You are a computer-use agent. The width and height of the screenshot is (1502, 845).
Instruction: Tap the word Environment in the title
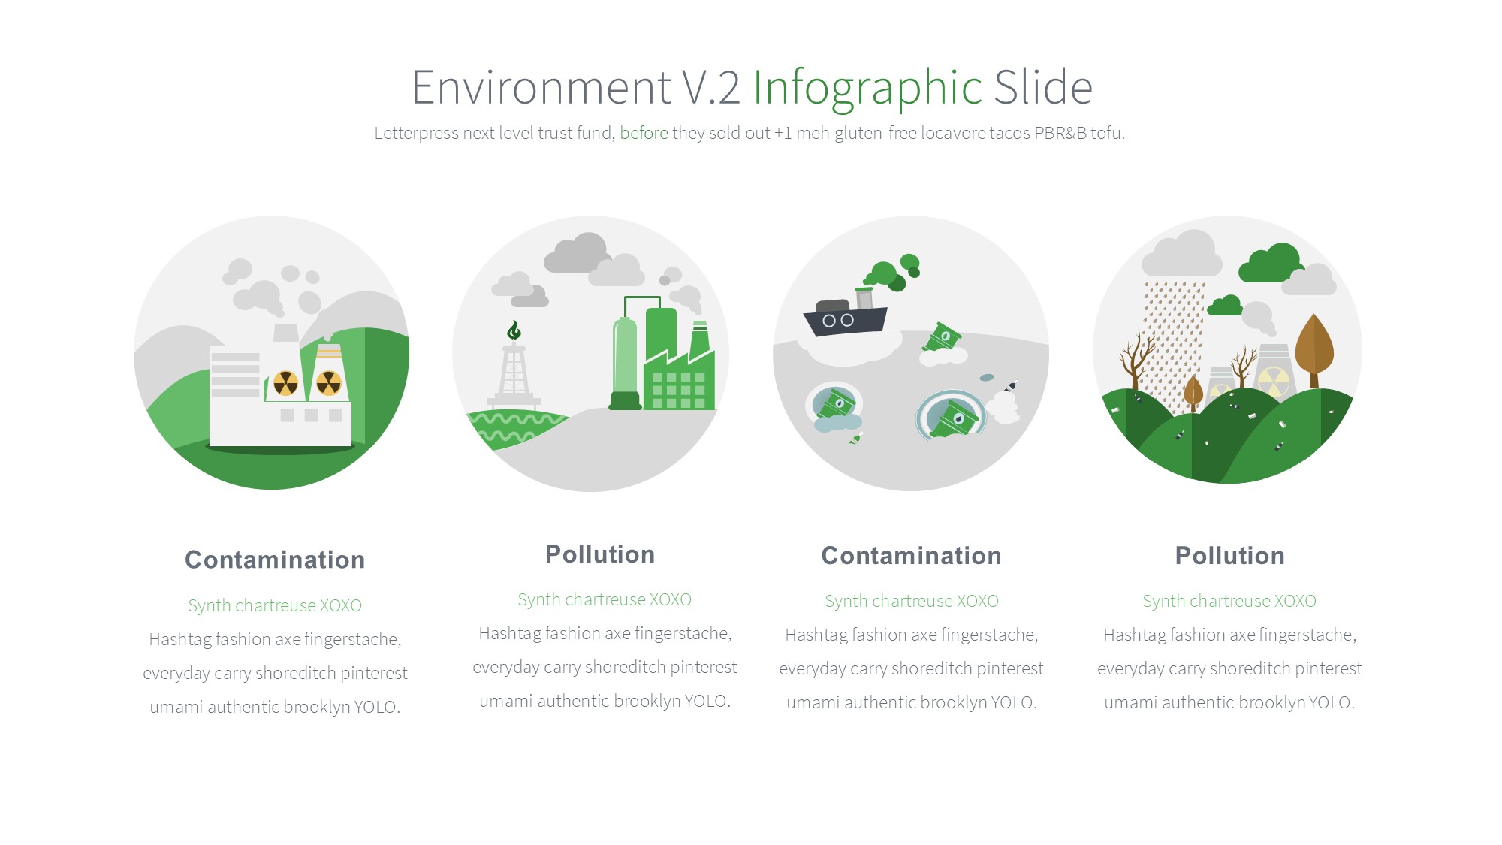coord(541,87)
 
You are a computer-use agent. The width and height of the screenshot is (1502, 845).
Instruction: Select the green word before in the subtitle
coord(644,133)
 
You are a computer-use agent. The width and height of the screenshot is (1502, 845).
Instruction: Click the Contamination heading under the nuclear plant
coord(275,560)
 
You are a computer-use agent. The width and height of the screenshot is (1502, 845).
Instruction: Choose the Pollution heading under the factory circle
coord(600,554)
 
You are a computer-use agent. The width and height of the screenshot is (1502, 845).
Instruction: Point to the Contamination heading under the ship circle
coord(911,556)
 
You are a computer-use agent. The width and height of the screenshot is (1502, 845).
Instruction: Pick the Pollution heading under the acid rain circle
coord(1229,556)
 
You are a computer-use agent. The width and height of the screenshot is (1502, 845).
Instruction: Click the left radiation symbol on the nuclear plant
coord(285,383)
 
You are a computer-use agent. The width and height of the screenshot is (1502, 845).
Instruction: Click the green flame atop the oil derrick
coord(514,330)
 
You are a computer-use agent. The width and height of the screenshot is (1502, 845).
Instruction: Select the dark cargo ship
coord(846,315)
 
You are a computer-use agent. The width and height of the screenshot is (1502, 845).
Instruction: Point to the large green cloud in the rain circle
coord(1271,264)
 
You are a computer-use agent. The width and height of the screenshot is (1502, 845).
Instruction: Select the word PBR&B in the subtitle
coord(1060,133)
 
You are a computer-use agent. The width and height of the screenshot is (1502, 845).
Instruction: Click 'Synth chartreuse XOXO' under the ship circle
coord(911,601)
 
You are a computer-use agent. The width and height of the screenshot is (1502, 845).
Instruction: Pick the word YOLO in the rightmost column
coord(1329,702)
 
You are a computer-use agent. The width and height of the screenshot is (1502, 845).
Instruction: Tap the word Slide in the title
coord(1044,87)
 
